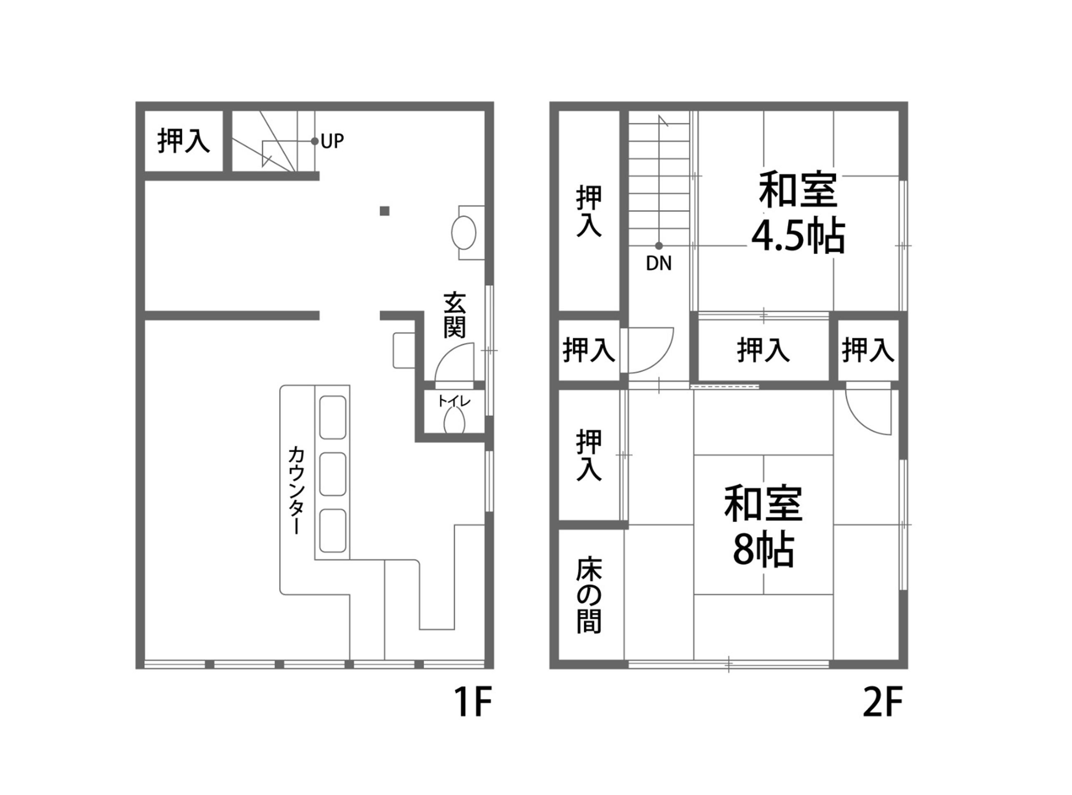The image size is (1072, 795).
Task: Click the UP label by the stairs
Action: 332,141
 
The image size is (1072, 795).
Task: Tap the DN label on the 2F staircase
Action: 658,263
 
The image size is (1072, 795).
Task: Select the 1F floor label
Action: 473,702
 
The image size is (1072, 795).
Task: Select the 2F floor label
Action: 882,702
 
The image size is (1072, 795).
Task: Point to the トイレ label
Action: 454,401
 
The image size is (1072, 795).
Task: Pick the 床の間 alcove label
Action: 588,595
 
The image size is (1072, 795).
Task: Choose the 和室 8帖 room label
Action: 763,526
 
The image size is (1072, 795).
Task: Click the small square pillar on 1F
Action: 384,211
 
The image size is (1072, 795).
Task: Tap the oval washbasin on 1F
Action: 463,233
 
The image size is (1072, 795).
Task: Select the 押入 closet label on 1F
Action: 183,140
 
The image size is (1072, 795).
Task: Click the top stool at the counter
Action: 333,417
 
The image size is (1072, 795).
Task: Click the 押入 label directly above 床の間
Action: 588,455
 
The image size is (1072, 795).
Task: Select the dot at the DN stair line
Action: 659,246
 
